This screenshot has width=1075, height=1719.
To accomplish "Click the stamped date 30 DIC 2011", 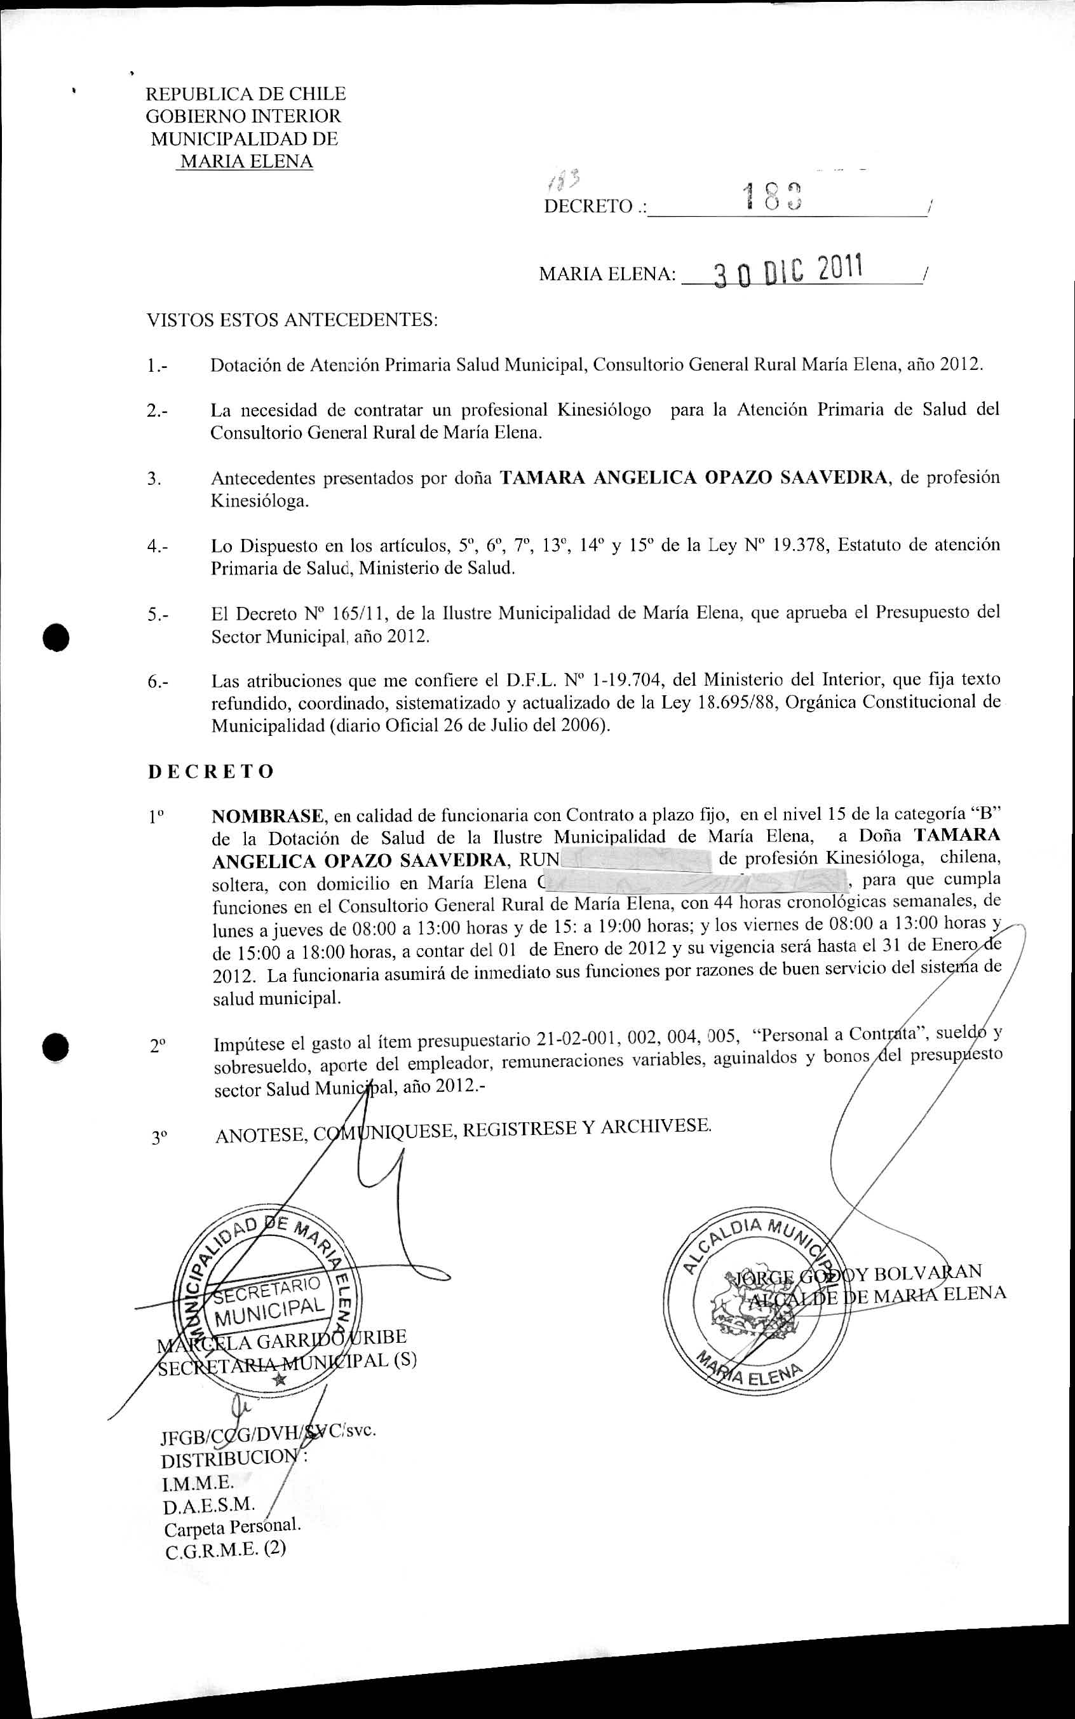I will coord(788,271).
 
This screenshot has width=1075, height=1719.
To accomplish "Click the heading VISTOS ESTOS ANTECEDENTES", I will coord(292,320).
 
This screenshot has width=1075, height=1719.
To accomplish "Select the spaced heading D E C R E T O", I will coord(210,771).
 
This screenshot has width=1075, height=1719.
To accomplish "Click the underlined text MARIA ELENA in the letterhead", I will coord(246,161).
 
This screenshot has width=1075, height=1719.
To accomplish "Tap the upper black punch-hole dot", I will coord(55,635).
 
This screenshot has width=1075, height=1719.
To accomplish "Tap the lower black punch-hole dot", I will coord(55,1047).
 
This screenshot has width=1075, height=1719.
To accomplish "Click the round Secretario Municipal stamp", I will coord(269,1305).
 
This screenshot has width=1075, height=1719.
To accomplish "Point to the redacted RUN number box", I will coord(637,859).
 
